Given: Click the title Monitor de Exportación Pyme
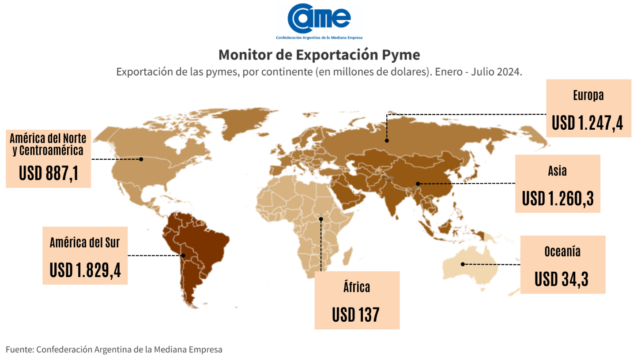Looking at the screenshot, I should point(319,55).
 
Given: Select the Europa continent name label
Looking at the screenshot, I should point(588,95).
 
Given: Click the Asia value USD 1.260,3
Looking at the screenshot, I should point(558,198).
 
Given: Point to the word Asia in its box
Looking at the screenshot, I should point(557,171).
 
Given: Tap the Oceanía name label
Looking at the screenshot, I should point(562,251).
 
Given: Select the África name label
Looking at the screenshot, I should point(357,287).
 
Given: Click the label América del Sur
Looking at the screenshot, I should point(85,242).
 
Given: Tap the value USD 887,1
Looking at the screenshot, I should point(49,173).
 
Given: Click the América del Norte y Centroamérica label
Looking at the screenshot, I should point(48,144).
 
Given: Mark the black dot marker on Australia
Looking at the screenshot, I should point(463,264).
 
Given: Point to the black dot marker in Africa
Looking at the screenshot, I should point(321,219).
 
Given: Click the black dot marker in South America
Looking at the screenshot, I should point(184,255).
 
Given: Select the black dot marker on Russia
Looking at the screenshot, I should point(387,140).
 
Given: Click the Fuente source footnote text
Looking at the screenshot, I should point(114,349).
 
